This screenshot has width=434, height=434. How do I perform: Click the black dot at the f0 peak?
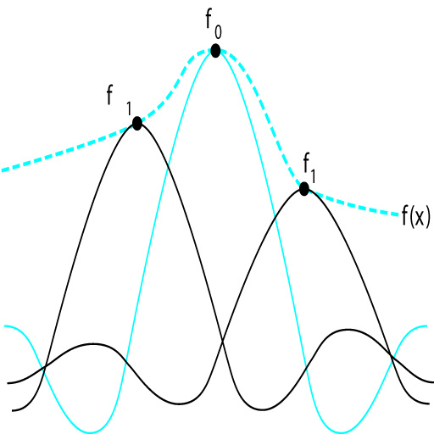pos(215,51)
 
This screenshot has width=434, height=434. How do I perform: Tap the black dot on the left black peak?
pos(137,124)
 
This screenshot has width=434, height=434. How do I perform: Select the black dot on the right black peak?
pos(304,189)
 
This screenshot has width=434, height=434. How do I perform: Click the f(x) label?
pos(415,216)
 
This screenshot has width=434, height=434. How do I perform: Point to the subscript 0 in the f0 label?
pos(218,32)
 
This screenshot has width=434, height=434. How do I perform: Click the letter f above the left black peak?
pos(110,95)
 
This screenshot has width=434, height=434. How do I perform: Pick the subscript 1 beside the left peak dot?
pos(129,108)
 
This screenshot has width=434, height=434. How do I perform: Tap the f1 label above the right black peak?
pos(309,168)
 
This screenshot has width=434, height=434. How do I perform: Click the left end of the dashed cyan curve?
pos(3,170)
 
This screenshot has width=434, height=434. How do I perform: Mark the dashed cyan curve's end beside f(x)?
pos(398,214)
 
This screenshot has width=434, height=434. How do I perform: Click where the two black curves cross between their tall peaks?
pos(223,342)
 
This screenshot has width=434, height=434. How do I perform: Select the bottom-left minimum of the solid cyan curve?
pos(91,431)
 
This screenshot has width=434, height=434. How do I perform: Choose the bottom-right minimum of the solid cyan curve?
pos(341,431)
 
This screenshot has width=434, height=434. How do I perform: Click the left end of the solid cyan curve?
pos(4,326)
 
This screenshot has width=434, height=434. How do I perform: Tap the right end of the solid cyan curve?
pos(426,326)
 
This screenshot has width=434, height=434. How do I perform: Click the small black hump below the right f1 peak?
pos(348,330)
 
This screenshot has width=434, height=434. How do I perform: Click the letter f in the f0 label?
pos(209,19)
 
